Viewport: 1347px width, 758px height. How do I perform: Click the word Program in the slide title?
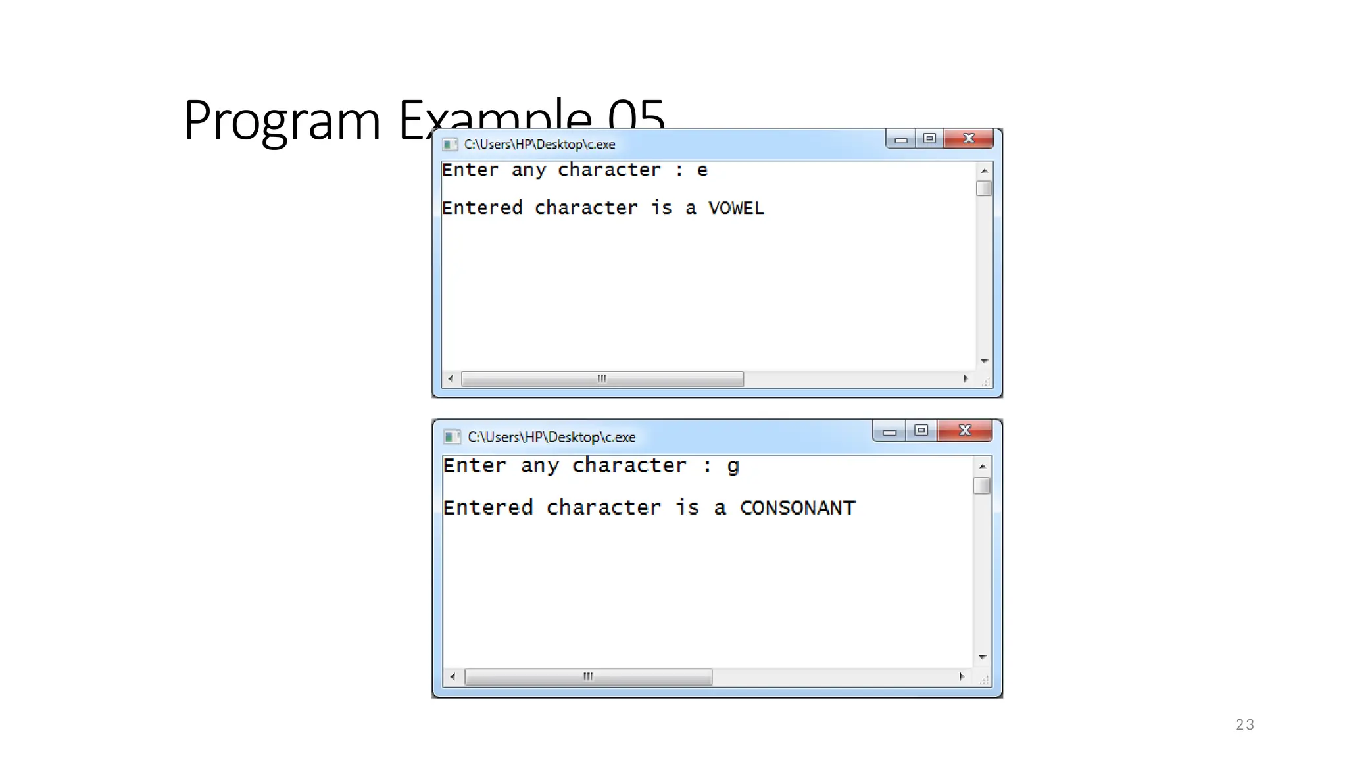(x=282, y=120)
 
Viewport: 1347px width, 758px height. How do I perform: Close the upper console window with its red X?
(x=968, y=138)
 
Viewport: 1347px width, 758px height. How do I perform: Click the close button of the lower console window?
(x=965, y=430)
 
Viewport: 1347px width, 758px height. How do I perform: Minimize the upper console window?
(x=900, y=139)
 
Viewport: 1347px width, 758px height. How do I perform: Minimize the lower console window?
(x=889, y=432)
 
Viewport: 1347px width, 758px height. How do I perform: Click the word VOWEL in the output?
(x=736, y=208)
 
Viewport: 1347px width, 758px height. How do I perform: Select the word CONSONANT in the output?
(x=797, y=507)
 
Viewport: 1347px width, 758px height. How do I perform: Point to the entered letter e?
(x=702, y=170)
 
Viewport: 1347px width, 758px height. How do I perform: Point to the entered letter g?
(x=733, y=466)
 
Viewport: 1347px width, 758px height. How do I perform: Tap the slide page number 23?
(x=1244, y=724)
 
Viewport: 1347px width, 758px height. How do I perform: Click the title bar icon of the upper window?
(x=450, y=144)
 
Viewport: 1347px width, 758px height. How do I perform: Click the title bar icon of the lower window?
(x=452, y=437)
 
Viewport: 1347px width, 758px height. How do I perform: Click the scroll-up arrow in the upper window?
(x=984, y=171)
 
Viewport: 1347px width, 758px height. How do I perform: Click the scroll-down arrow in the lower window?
(x=982, y=657)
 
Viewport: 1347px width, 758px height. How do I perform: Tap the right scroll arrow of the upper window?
(x=966, y=379)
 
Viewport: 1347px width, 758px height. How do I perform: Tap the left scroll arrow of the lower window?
(x=453, y=676)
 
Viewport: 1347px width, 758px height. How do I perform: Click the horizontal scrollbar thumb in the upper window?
(x=602, y=379)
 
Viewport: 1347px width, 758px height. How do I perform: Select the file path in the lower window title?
(x=551, y=437)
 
